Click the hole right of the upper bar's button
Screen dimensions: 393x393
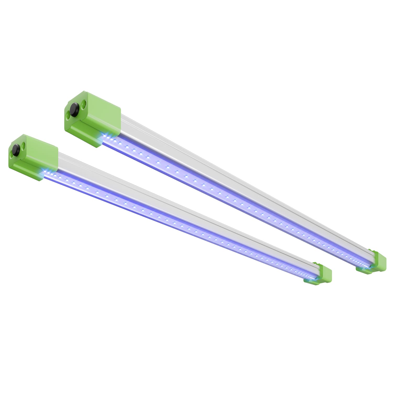(x=84, y=104)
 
